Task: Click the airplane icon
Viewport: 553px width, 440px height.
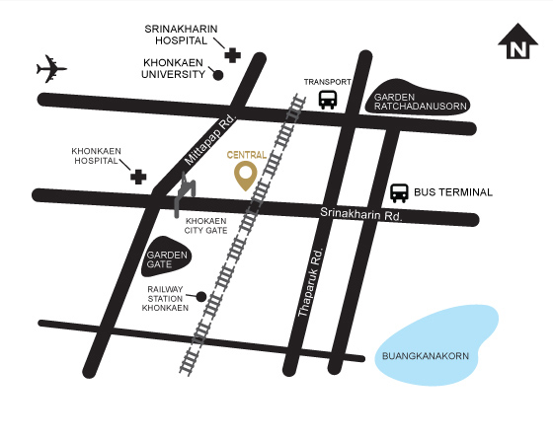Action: point(51,69)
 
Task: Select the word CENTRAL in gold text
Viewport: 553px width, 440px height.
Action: point(246,155)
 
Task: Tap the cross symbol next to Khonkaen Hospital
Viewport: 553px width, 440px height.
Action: point(139,177)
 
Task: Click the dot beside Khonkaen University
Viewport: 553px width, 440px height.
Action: point(218,74)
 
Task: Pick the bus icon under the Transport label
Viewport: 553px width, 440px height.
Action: point(328,99)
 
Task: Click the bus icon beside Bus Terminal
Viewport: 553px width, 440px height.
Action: point(399,192)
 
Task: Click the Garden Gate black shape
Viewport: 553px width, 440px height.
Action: point(169,258)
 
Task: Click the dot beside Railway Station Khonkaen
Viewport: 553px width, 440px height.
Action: point(201,296)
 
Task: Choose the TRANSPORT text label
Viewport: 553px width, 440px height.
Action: point(328,81)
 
